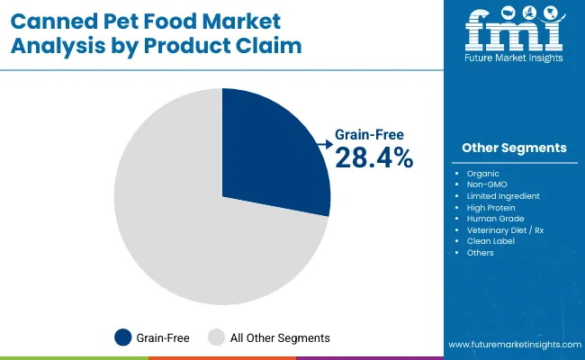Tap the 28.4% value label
click(x=374, y=158)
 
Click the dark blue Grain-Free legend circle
click(x=122, y=337)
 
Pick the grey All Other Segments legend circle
click(x=217, y=337)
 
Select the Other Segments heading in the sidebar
click(x=514, y=148)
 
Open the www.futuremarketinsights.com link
click(x=513, y=345)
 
